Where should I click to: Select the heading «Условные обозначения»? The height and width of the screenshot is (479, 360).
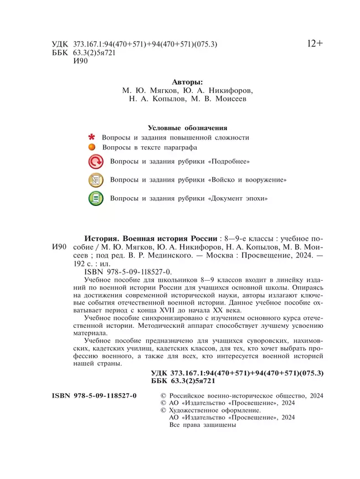click(x=188, y=127)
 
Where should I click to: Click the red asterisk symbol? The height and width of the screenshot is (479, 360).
click(x=91, y=137)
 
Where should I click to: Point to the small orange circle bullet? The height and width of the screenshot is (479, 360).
click(x=92, y=148)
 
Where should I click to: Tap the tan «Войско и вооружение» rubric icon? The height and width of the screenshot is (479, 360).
click(x=96, y=180)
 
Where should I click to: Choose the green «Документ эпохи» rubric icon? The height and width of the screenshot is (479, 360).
click(x=96, y=198)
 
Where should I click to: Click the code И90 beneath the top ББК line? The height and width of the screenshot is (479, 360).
click(x=81, y=61)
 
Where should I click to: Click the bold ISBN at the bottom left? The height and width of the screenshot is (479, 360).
click(x=94, y=396)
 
